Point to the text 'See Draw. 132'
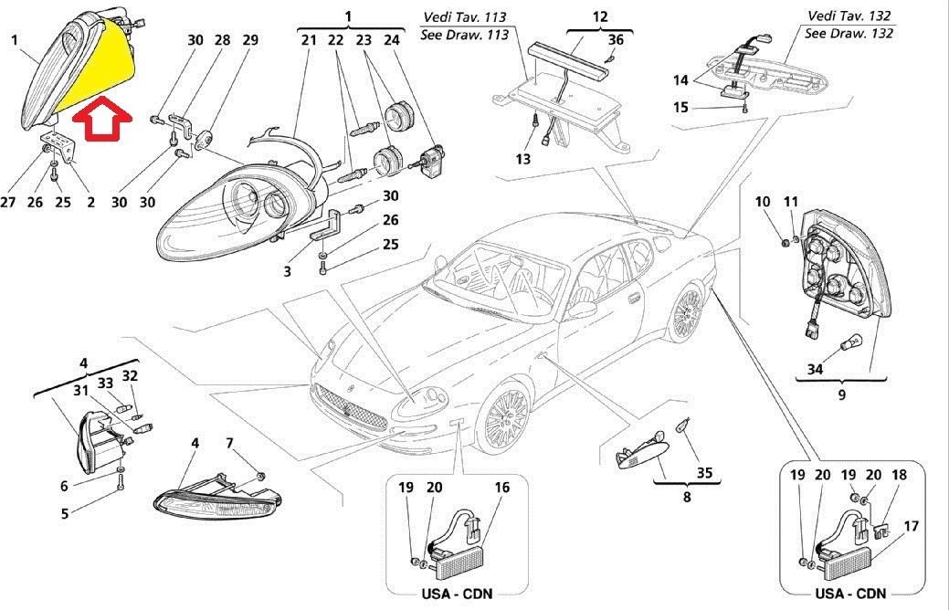click(848, 33)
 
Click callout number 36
click(617, 39)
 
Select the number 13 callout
click(522, 159)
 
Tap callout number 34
click(814, 369)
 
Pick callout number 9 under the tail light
click(841, 394)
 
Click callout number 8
click(687, 498)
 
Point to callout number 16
click(501, 488)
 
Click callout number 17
click(910, 526)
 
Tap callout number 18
click(899, 475)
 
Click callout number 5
click(65, 513)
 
